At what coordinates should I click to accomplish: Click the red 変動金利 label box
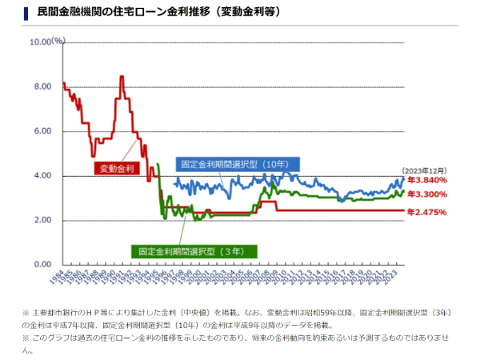[117, 168]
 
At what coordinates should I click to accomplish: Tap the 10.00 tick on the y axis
[40, 42]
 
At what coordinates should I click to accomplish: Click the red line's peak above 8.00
[122, 77]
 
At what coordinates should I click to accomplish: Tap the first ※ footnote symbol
[26, 311]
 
